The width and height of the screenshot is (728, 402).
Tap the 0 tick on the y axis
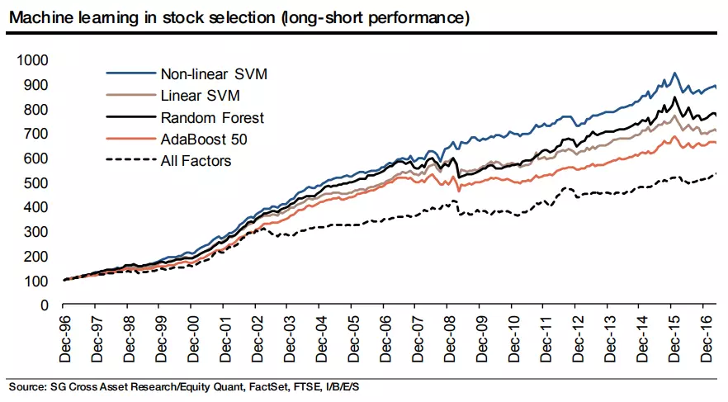pyautogui.click(x=46, y=305)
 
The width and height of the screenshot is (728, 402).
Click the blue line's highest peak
pyautogui.click(x=675, y=73)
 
